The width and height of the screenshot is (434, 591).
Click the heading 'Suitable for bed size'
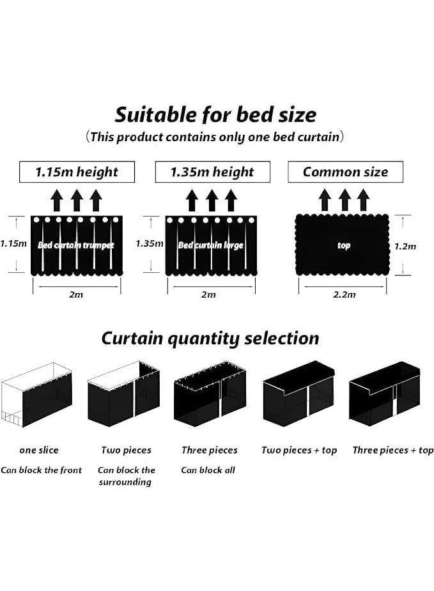pos(215,115)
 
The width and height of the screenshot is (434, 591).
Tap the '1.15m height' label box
pos(77,172)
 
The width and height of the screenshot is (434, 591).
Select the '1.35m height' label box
pos(213,172)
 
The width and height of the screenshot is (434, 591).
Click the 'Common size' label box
pos(345,172)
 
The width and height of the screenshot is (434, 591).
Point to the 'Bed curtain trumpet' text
pos(76,245)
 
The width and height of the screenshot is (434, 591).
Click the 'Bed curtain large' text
pos(211,245)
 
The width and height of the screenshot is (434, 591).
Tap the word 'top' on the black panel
pos(344,246)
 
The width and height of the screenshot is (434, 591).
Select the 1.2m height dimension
pos(405,247)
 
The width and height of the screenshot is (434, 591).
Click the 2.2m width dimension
pos(345,295)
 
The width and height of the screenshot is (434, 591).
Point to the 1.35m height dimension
pos(150,243)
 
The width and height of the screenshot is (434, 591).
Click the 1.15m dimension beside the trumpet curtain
pos(13,243)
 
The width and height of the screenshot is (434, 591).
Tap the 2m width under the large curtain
pos(208,295)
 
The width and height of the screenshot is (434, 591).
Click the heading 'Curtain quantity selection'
pos(210,339)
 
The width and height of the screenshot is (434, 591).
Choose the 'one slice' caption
pos(39,450)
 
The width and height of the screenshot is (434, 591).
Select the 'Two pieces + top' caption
pos(299,450)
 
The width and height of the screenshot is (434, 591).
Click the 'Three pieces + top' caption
pos(393,450)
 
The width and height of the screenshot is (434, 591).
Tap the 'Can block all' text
pos(208,470)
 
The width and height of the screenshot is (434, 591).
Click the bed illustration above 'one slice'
pos(36,395)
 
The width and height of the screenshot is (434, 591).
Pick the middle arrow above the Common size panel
pos(345,200)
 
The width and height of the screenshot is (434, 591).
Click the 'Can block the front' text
pos(41,470)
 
